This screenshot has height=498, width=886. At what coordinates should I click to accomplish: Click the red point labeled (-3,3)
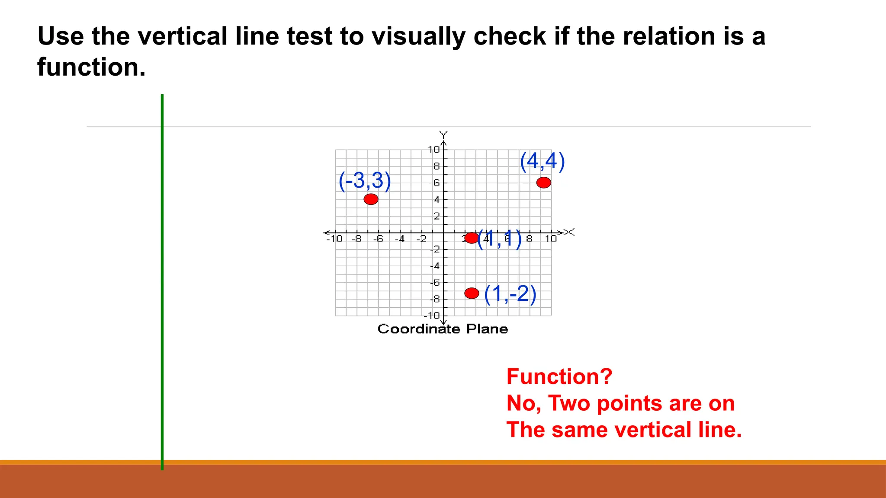pyautogui.click(x=371, y=199)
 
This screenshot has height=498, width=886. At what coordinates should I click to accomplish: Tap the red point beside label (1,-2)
pyautogui.click(x=472, y=293)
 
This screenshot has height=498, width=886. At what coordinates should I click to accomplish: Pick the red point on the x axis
pyautogui.click(x=471, y=237)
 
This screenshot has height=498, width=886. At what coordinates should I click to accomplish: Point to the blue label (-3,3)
pyautogui.click(x=365, y=180)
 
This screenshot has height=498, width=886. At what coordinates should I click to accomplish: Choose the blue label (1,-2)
pyautogui.click(x=510, y=294)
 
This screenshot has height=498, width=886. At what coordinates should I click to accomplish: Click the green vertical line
pyautogui.click(x=162, y=281)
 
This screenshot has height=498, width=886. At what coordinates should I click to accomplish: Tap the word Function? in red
pyautogui.click(x=559, y=376)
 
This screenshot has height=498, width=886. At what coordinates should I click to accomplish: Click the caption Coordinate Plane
pyautogui.click(x=443, y=329)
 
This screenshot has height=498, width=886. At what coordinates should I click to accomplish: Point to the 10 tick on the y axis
pyautogui.click(x=433, y=150)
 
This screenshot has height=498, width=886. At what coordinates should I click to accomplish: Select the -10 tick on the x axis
pyautogui.click(x=334, y=239)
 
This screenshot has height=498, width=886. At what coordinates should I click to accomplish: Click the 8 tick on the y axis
pyautogui.click(x=436, y=166)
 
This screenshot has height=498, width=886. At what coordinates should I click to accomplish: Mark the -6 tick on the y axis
pyautogui.click(x=435, y=282)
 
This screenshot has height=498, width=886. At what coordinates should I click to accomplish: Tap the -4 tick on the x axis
pyautogui.click(x=400, y=239)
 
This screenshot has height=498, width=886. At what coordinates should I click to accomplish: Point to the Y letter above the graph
pyautogui.click(x=443, y=134)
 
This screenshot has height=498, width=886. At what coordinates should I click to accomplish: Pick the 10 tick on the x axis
pyautogui.click(x=550, y=239)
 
